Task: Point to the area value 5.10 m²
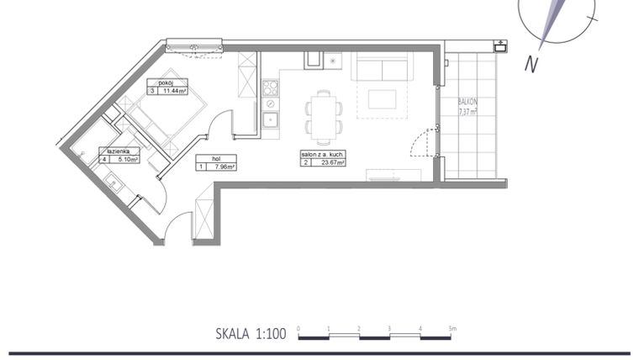click(126, 158)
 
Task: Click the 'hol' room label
click(203, 157)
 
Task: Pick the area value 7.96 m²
click(223, 167)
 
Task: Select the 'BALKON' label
click(467, 100)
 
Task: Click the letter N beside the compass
click(531, 64)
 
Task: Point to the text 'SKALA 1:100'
click(251, 334)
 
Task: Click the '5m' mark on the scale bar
click(452, 328)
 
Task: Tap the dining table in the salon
click(324, 116)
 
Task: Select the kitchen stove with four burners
click(270, 87)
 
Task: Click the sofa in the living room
click(382, 66)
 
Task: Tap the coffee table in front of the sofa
click(382, 98)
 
